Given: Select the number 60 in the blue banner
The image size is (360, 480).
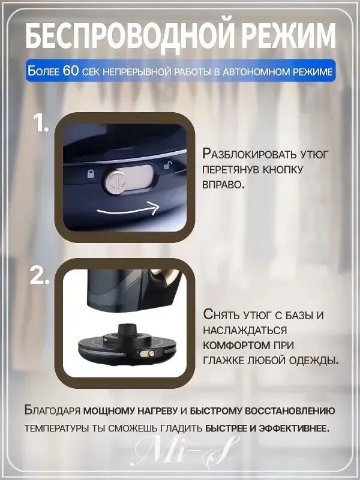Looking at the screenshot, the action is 71,71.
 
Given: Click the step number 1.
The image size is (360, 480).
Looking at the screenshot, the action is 41,124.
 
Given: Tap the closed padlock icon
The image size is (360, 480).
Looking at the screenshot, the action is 91,174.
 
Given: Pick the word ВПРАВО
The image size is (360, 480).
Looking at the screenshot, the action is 223,184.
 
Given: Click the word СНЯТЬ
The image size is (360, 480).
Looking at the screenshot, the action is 221,316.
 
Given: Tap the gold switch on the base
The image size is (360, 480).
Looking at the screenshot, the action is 147,353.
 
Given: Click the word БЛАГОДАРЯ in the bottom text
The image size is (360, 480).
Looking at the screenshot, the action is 52,410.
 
